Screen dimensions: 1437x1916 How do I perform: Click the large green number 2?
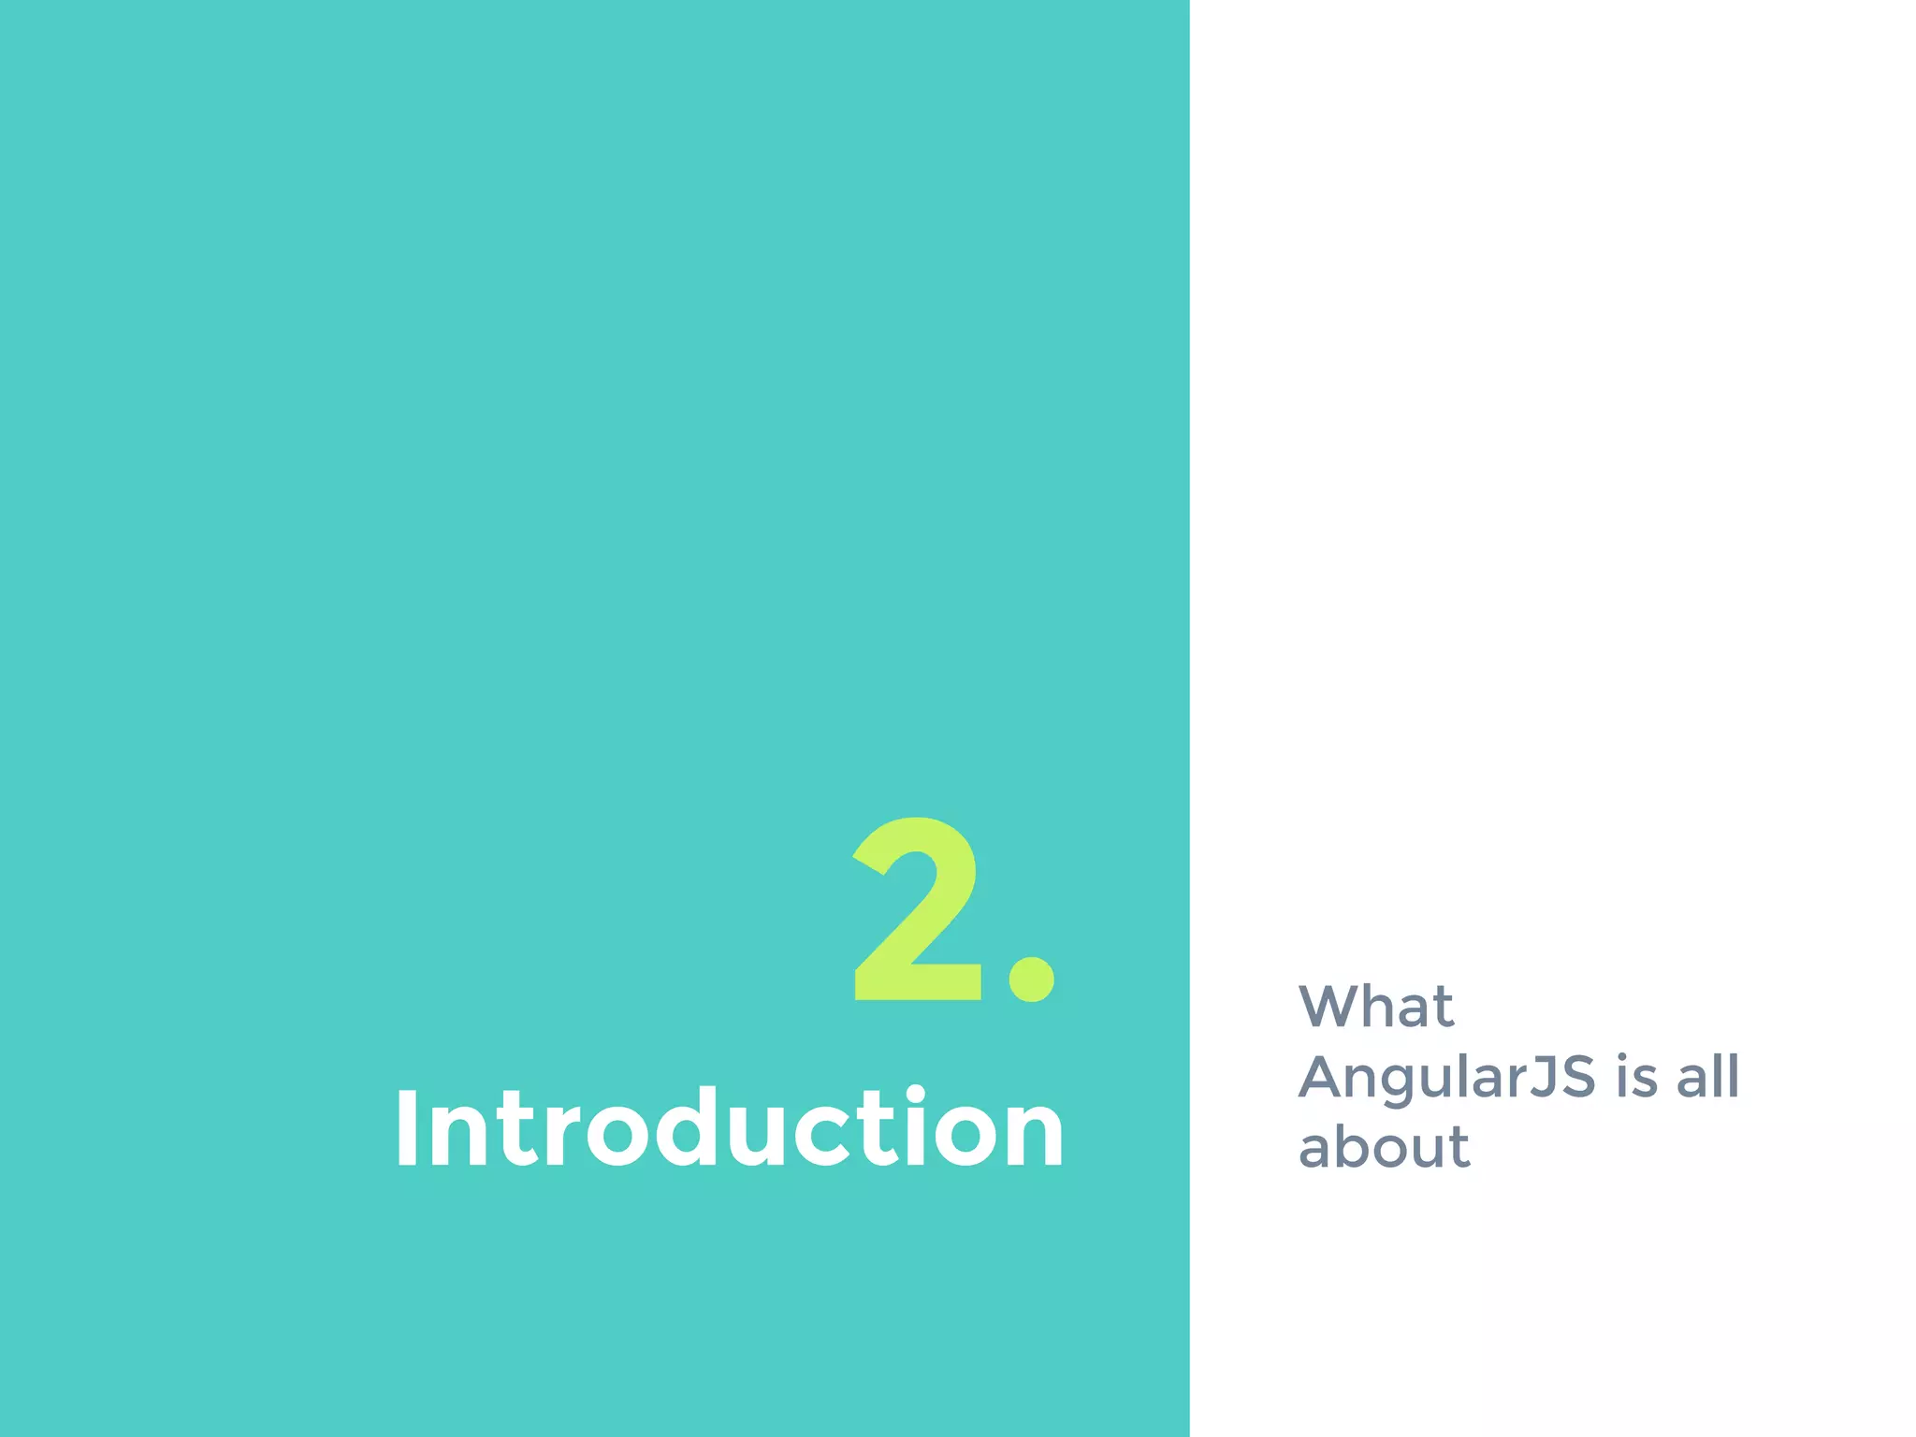(917, 910)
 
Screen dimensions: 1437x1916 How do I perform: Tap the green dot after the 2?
(1031, 979)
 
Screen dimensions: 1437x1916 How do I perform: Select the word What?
(1375, 1007)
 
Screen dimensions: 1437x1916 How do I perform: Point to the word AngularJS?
(1446, 1078)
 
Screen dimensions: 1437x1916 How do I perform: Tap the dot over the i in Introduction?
(914, 1095)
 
